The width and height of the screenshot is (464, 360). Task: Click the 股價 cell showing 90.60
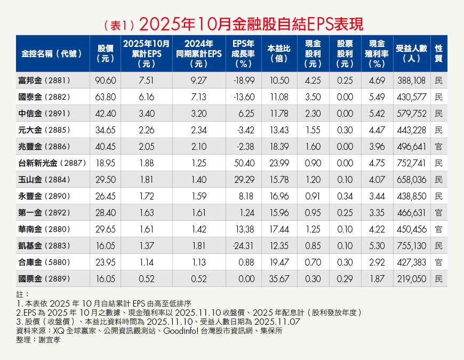tap(104, 80)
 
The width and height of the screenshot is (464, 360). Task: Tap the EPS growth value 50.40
tap(243, 163)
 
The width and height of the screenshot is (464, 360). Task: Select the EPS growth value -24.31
tap(243, 246)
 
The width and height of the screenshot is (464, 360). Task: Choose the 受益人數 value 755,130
tap(411, 246)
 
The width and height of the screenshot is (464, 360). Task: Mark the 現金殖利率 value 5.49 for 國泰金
tap(377, 97)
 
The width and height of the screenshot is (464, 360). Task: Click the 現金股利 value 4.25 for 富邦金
tap(313, 80)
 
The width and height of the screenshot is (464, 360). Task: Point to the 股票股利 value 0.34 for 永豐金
tap(345, 196)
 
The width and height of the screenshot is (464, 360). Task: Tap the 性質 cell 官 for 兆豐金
tap(438, 146)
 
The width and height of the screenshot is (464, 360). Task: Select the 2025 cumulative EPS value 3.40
tap(146, 113)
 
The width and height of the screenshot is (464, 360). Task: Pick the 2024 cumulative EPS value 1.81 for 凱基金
tap(198, 246)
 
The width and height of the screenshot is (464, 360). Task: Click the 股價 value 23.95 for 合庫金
tap(104, 262)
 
